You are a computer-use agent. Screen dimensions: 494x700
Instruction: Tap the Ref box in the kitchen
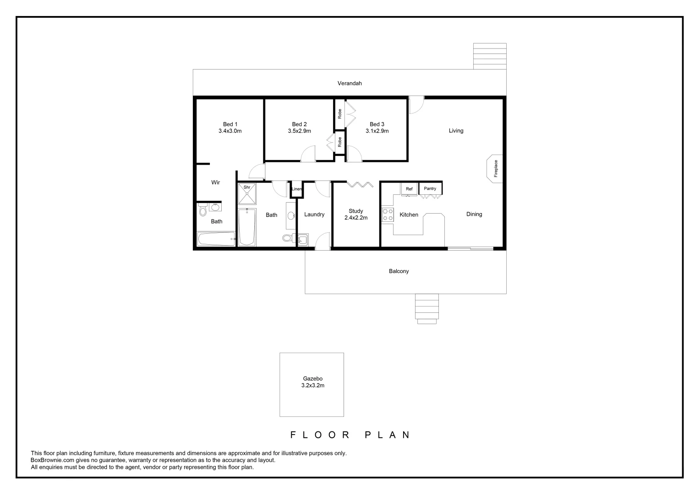(409, 189)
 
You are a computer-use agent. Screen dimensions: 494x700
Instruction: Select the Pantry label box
(430, 188)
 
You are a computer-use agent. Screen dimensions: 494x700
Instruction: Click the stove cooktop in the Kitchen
(388, 215)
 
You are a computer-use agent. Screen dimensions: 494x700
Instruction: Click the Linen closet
(297, 189)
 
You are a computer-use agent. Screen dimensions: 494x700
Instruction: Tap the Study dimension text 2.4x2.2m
(356, 218)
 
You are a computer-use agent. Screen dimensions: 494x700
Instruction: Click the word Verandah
(350, 83)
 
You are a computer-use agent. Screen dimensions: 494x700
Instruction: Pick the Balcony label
(399, 271)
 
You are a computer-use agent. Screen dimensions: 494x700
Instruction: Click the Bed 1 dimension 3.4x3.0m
(230, 131)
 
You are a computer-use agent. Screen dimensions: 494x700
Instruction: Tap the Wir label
(215, 182)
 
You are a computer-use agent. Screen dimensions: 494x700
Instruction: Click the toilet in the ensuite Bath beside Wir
(203, 210)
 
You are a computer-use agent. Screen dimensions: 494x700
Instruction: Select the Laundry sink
(302, 239)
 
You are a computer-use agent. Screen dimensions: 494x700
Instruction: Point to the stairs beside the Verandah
(489, 56)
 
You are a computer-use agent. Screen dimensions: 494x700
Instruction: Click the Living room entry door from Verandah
(416, 105)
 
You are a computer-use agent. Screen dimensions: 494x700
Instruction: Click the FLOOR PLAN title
(350, 435)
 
